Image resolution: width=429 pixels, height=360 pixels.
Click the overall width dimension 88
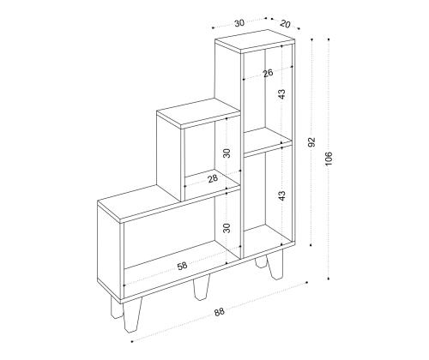220,312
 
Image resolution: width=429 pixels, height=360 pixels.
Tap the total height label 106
329,159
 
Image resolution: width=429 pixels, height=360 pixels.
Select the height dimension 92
311,142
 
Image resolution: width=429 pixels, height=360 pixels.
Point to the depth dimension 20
285,24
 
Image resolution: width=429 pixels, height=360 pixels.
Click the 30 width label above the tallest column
239,23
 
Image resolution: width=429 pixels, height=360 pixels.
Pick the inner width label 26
268,73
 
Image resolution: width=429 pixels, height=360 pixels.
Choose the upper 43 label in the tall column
282,94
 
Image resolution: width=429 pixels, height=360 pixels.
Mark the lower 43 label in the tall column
282,195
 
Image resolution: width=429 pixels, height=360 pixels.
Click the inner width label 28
213,179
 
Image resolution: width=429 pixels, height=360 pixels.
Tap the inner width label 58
182,266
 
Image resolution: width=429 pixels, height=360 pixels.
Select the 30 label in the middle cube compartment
227,153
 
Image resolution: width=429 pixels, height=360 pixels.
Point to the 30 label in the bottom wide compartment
227,228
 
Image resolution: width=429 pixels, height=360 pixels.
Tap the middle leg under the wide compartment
202,287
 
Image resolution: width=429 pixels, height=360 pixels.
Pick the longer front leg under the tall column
275,264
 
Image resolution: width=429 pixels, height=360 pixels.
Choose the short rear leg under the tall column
260,262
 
